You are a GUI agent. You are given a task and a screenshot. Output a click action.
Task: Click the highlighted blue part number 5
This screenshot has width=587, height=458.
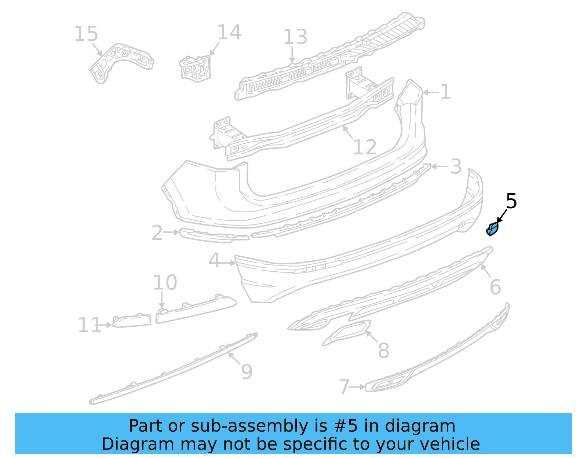[x=492, y=229]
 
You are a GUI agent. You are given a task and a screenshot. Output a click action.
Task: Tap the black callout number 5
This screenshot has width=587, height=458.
[x=511, y=201]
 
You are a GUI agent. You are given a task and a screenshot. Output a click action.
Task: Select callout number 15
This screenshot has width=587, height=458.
[x=86, y=34]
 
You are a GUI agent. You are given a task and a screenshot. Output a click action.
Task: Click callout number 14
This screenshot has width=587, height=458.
[x=229, y=33]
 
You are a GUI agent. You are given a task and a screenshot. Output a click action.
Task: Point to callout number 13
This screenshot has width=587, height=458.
[x=295, y=37]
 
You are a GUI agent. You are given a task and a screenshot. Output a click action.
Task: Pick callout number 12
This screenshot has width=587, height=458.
[x=365, y=147]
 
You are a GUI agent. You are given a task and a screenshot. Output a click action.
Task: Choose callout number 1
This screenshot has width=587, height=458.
[x=445, y=92]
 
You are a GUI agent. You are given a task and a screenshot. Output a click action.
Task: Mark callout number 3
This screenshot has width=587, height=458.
[x=456, y=167]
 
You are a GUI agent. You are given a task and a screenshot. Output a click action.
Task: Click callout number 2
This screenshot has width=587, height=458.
[x=157, y=233]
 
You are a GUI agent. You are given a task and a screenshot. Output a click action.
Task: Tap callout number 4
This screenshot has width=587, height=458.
[x=214, y=261]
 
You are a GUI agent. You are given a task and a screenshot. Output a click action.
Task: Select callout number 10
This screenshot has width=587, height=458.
[x=165, y=283]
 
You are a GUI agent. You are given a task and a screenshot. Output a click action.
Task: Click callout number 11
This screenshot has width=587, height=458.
[x=89, y=325]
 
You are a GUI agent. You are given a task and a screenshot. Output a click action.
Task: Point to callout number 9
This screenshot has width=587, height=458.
[x=247, y=372]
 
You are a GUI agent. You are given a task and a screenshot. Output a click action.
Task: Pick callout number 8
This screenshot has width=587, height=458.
[x=383, y=351]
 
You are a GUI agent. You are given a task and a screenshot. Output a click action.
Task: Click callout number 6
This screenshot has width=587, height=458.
[x=495, y=287]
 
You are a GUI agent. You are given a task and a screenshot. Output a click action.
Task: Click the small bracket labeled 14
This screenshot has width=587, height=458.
[x=196, y=68]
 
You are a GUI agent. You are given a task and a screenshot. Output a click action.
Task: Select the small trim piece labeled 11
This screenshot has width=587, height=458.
[x=132, y=321]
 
